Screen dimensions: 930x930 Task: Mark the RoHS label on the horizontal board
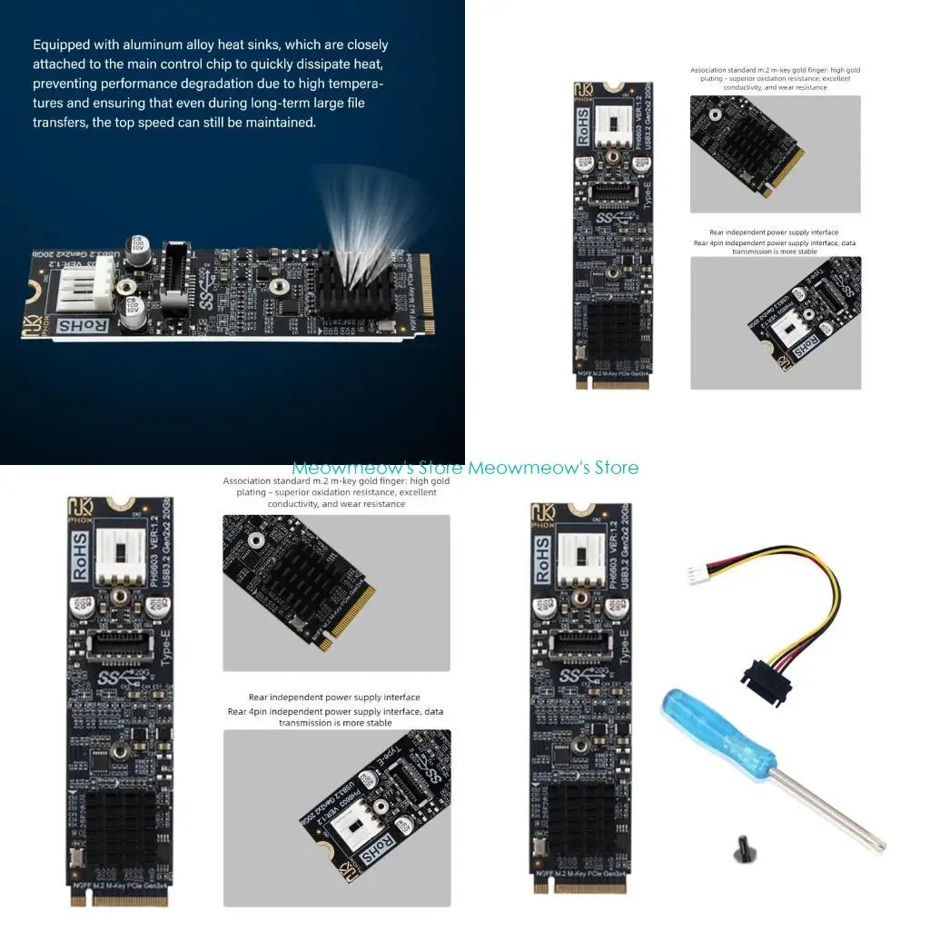pos(84,324)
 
